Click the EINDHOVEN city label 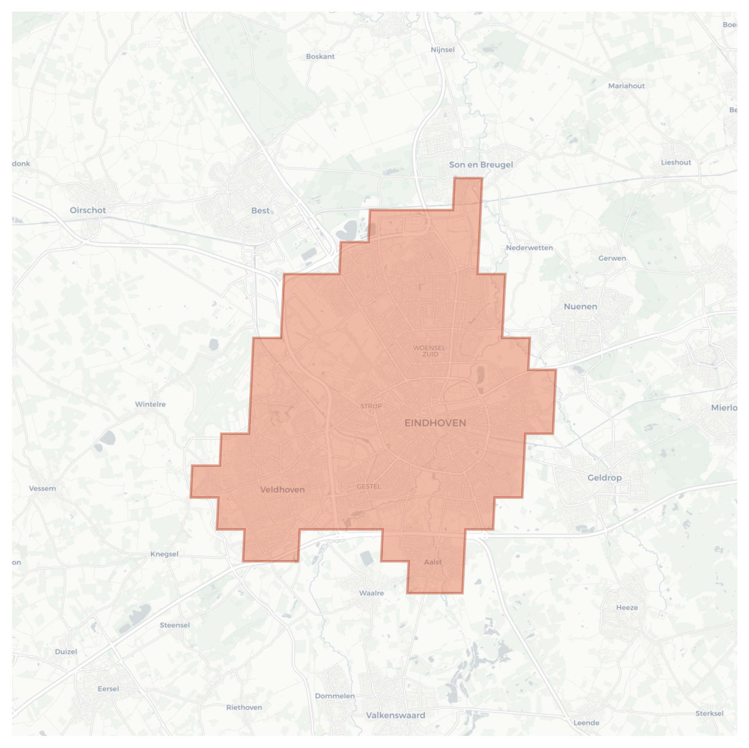435,423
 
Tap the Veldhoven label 282,490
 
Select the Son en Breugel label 481,165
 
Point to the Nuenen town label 580,307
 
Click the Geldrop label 604,478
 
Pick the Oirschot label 88,210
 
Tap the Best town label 260,210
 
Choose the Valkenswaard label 395,715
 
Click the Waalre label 371,593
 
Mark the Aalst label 433,562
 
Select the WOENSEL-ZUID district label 430,351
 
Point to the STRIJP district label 371,406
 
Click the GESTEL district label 368,486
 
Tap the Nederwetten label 529,248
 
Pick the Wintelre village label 150,404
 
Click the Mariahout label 626,86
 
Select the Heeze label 627,607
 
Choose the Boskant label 320,56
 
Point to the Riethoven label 244,707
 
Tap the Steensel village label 174,625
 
